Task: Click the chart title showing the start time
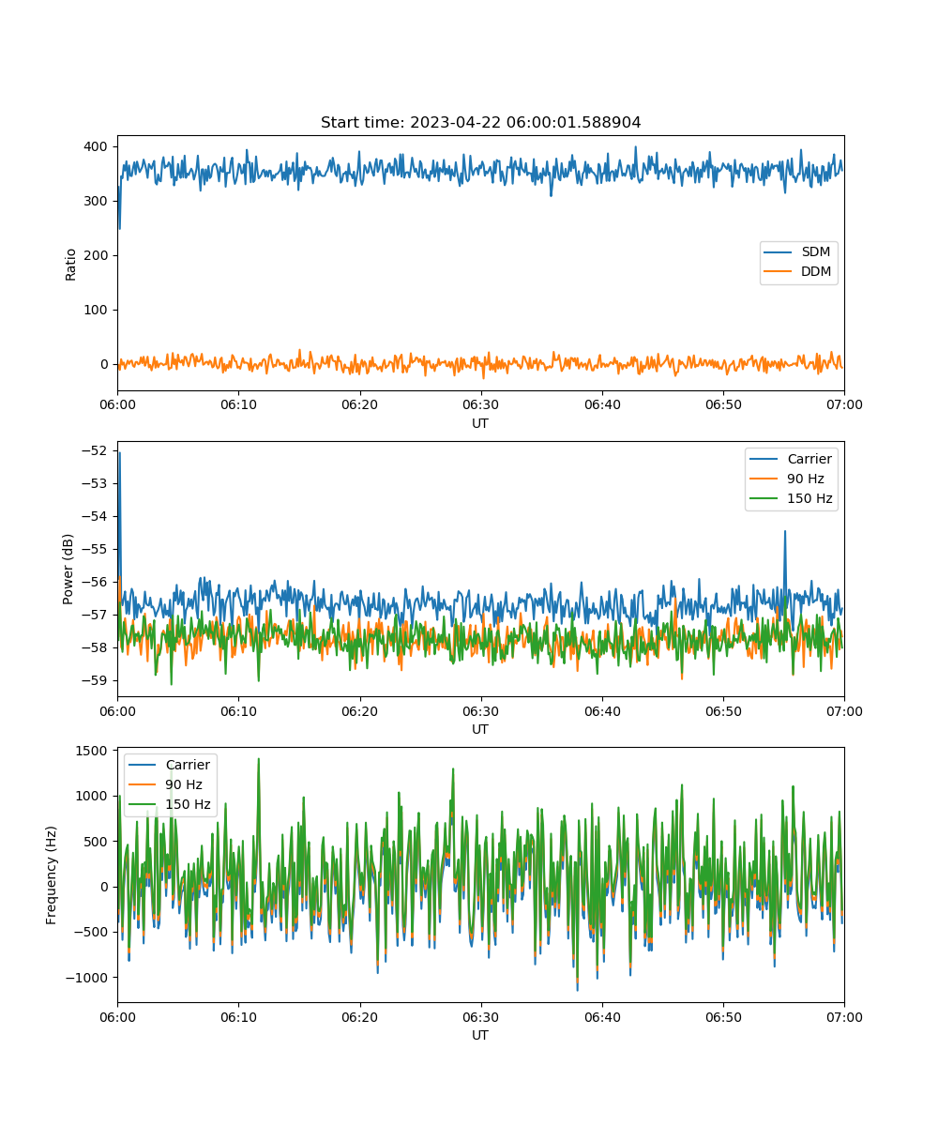pos(480,122)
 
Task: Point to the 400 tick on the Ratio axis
pos(96,146)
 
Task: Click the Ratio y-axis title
pos(70,265)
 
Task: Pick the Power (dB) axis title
pos(68,569)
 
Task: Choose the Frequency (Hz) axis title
pos(52,875)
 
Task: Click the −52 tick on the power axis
pos(95,450)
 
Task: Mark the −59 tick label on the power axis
pos(95,680)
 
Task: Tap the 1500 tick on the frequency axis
pos(92,752)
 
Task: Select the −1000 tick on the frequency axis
pos(87,978)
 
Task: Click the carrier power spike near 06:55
pos(785,531)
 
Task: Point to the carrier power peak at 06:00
pos(120,453)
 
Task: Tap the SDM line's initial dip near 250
pos(120,229)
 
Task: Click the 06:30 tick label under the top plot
pos(481,404)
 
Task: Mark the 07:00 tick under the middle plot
pos(844,711)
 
